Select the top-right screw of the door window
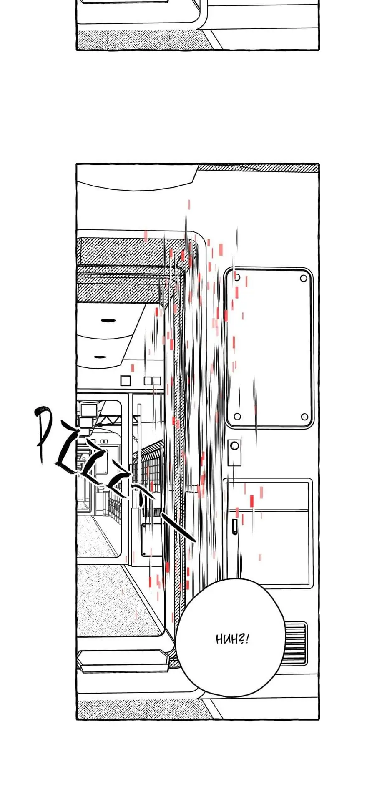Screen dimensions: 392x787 (x=303, y=278)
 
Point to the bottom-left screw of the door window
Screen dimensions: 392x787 (x=237, y=416)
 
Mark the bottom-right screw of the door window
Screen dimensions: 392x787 (x=304, y=416)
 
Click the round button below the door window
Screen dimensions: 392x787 (x=235, y=445)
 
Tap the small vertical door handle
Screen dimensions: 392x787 (x=235, y=526)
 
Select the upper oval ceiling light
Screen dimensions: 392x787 (x=108, y=320)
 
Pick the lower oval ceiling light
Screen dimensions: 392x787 (x=99, y=357)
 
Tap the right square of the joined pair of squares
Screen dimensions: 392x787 (x=156, y=380)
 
